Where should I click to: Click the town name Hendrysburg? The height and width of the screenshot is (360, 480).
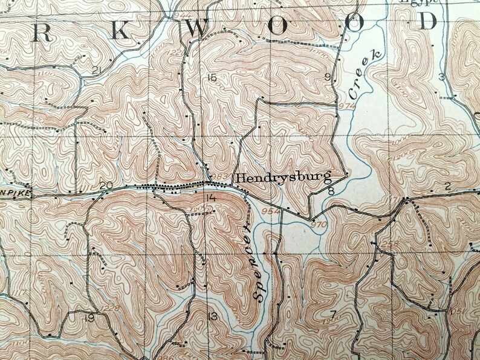coord(283,178)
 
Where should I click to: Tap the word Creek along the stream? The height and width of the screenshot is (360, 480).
coord(365,76)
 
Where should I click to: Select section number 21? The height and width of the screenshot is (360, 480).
coord(96,71)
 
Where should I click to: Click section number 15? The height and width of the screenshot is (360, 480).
coord(210,77)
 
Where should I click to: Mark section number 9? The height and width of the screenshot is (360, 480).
coord(328,77)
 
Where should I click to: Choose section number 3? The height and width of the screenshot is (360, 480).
coord(441,77)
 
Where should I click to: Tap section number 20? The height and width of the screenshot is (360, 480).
coord(106,185)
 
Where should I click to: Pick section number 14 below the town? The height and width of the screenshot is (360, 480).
coord(210,199)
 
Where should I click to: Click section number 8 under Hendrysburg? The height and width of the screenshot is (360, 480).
coord(331,191)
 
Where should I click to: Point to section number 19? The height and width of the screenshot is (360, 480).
coord(89,318)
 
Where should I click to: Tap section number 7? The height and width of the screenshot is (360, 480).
coord(332,313)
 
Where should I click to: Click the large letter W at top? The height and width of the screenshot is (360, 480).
coord(194,28)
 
